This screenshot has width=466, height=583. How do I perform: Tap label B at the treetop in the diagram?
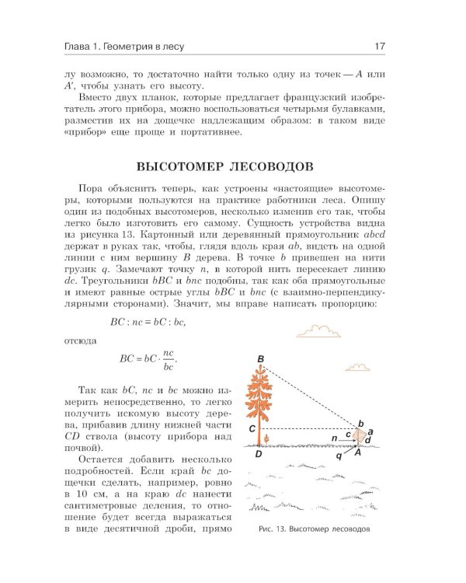pyautogui.click(x=262, y=358)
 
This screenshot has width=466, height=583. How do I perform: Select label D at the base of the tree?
pyautogui.click(x=258, y=457)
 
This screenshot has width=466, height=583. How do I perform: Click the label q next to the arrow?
pyautogui.click(x=339, y=457)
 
